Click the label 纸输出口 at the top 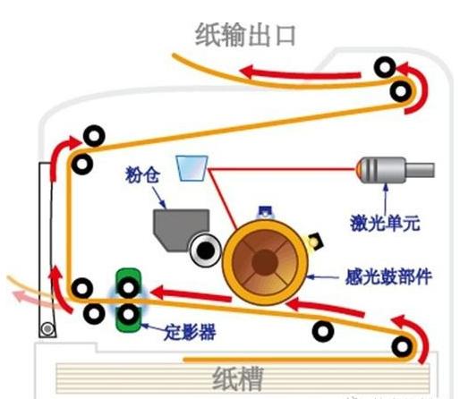coord(245,34)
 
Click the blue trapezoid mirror coord(192,167)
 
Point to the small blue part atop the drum coord(264,212)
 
